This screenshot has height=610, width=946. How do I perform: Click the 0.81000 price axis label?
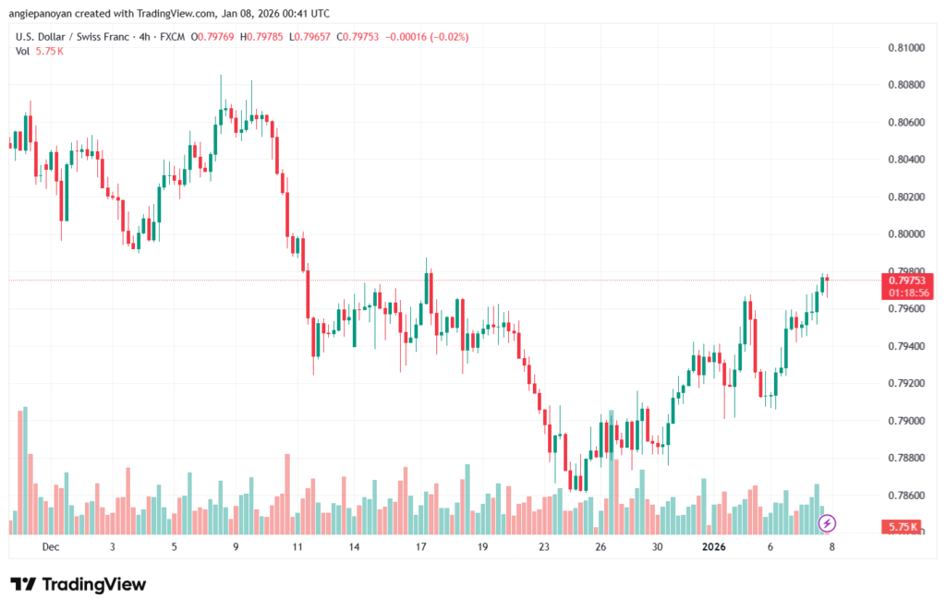click(x=906, y=47)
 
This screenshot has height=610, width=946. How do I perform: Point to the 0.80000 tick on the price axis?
click(x=906, y=234)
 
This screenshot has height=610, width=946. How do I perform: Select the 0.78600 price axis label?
click(x=906, y=496)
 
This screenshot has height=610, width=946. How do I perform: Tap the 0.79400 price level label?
click(x=906, y=346)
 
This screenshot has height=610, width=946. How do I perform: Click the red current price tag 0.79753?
click(x=908, y=281)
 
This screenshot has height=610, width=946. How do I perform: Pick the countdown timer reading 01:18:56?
click(x=908, y=293)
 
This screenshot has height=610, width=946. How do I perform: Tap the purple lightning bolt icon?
click(x=828, y=523)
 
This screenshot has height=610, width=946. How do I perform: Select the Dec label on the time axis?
click(x=50, y=546)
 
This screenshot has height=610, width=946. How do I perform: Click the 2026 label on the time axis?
click(x=713, y=546)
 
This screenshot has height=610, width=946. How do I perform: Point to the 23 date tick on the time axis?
click(x=544, y=546)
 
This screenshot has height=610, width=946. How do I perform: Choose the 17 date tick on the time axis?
click(x=421, y=546)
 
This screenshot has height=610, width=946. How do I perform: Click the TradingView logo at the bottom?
click(x=78, y=584)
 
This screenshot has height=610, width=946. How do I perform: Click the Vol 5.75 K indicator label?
click(x=40, y=51)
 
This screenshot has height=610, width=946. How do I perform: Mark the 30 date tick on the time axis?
click(x=657, y=546)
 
